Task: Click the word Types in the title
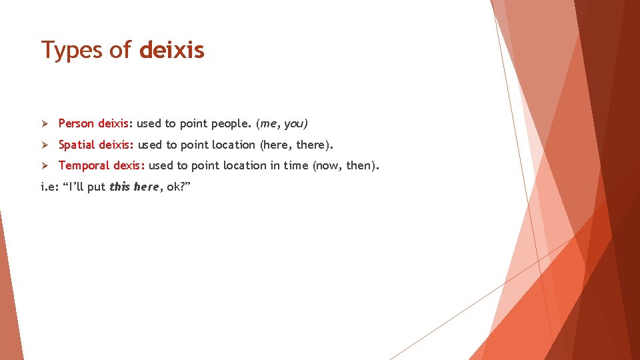tap(72, 51)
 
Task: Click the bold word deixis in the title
tap(171, 50)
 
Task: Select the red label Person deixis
tap(93, 123)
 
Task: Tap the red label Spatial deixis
tap(95, 145)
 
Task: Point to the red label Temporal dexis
tap(101, 165)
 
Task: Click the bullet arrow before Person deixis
tap(45, 123)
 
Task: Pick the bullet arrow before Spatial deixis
tap(45, 145)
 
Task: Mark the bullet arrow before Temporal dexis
tap(45, 165)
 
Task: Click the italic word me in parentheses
tap(269, 124)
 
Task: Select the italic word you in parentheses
tap(294, 124)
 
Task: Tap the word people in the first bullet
tap(229, 124)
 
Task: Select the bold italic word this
tap(119, 187)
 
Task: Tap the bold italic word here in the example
tap(146, 187)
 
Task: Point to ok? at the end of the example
tap(176, 187)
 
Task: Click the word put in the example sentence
tap(96, 187)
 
